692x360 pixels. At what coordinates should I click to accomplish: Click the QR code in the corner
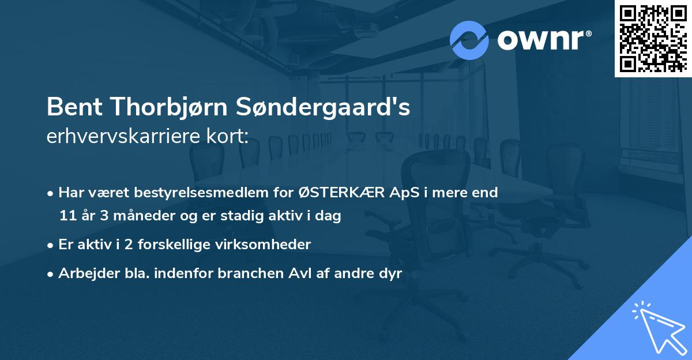click(653, 38)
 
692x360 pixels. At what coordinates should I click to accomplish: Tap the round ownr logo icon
click(469, 40)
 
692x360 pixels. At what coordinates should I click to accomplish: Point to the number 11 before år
click(67, 216)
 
